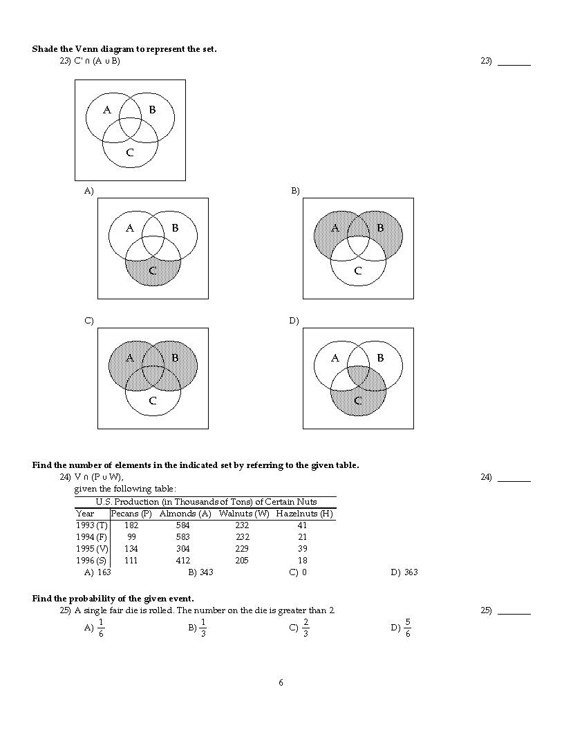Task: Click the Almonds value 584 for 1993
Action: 183,525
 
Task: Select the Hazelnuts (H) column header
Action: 304,514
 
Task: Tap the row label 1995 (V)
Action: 91,549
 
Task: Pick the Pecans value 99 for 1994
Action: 131,537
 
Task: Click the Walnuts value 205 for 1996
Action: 242,561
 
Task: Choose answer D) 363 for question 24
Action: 404,572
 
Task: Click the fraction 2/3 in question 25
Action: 305,628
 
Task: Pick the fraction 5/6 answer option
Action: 408,628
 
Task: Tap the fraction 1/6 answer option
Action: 101,628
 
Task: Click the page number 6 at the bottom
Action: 281,683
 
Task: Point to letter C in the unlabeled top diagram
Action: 130,153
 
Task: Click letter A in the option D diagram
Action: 335,358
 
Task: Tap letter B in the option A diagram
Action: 175,227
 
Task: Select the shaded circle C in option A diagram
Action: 153,273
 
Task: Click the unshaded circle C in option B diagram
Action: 358,273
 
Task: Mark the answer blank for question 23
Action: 514,62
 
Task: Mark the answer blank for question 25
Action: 514,610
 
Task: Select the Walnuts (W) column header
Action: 244,514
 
